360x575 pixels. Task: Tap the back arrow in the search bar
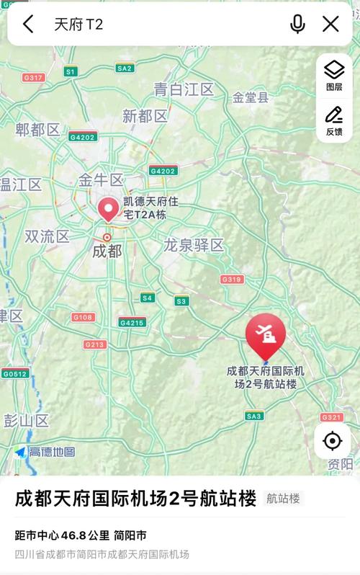tap(28, 24)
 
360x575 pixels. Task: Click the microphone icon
tap(297, 24)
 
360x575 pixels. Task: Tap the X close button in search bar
tap(330, 24)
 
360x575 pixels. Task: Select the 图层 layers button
tap(334, 75)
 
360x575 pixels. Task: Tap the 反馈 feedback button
tap(334, 120)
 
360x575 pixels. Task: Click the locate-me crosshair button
tap(332, 440)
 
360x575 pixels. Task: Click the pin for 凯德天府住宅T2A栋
tap(109, 209)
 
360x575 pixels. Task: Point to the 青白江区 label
tap(184, 89)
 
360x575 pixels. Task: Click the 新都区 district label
tap(145, 116)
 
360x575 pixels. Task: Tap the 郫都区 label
tap(38, 130)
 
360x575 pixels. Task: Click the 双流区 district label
tap(47, 236)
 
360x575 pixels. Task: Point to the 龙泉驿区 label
tap(194, 245)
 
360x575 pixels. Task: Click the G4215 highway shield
tap(132, 322)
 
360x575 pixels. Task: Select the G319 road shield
tap(232, 279)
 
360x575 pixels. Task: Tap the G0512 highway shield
tap(14, 373)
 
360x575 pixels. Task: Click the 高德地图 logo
tap(45, 452)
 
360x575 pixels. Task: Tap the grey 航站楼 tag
tap(283, 498)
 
